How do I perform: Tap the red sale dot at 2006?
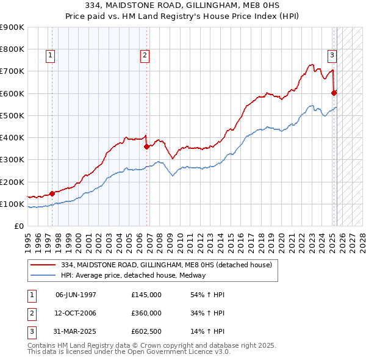coord(146,146)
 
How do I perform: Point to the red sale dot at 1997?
coord(52,193)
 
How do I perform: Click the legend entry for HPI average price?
coord(133,275)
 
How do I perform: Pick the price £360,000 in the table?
coord(146,314)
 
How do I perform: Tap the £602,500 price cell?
coord(146,333)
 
